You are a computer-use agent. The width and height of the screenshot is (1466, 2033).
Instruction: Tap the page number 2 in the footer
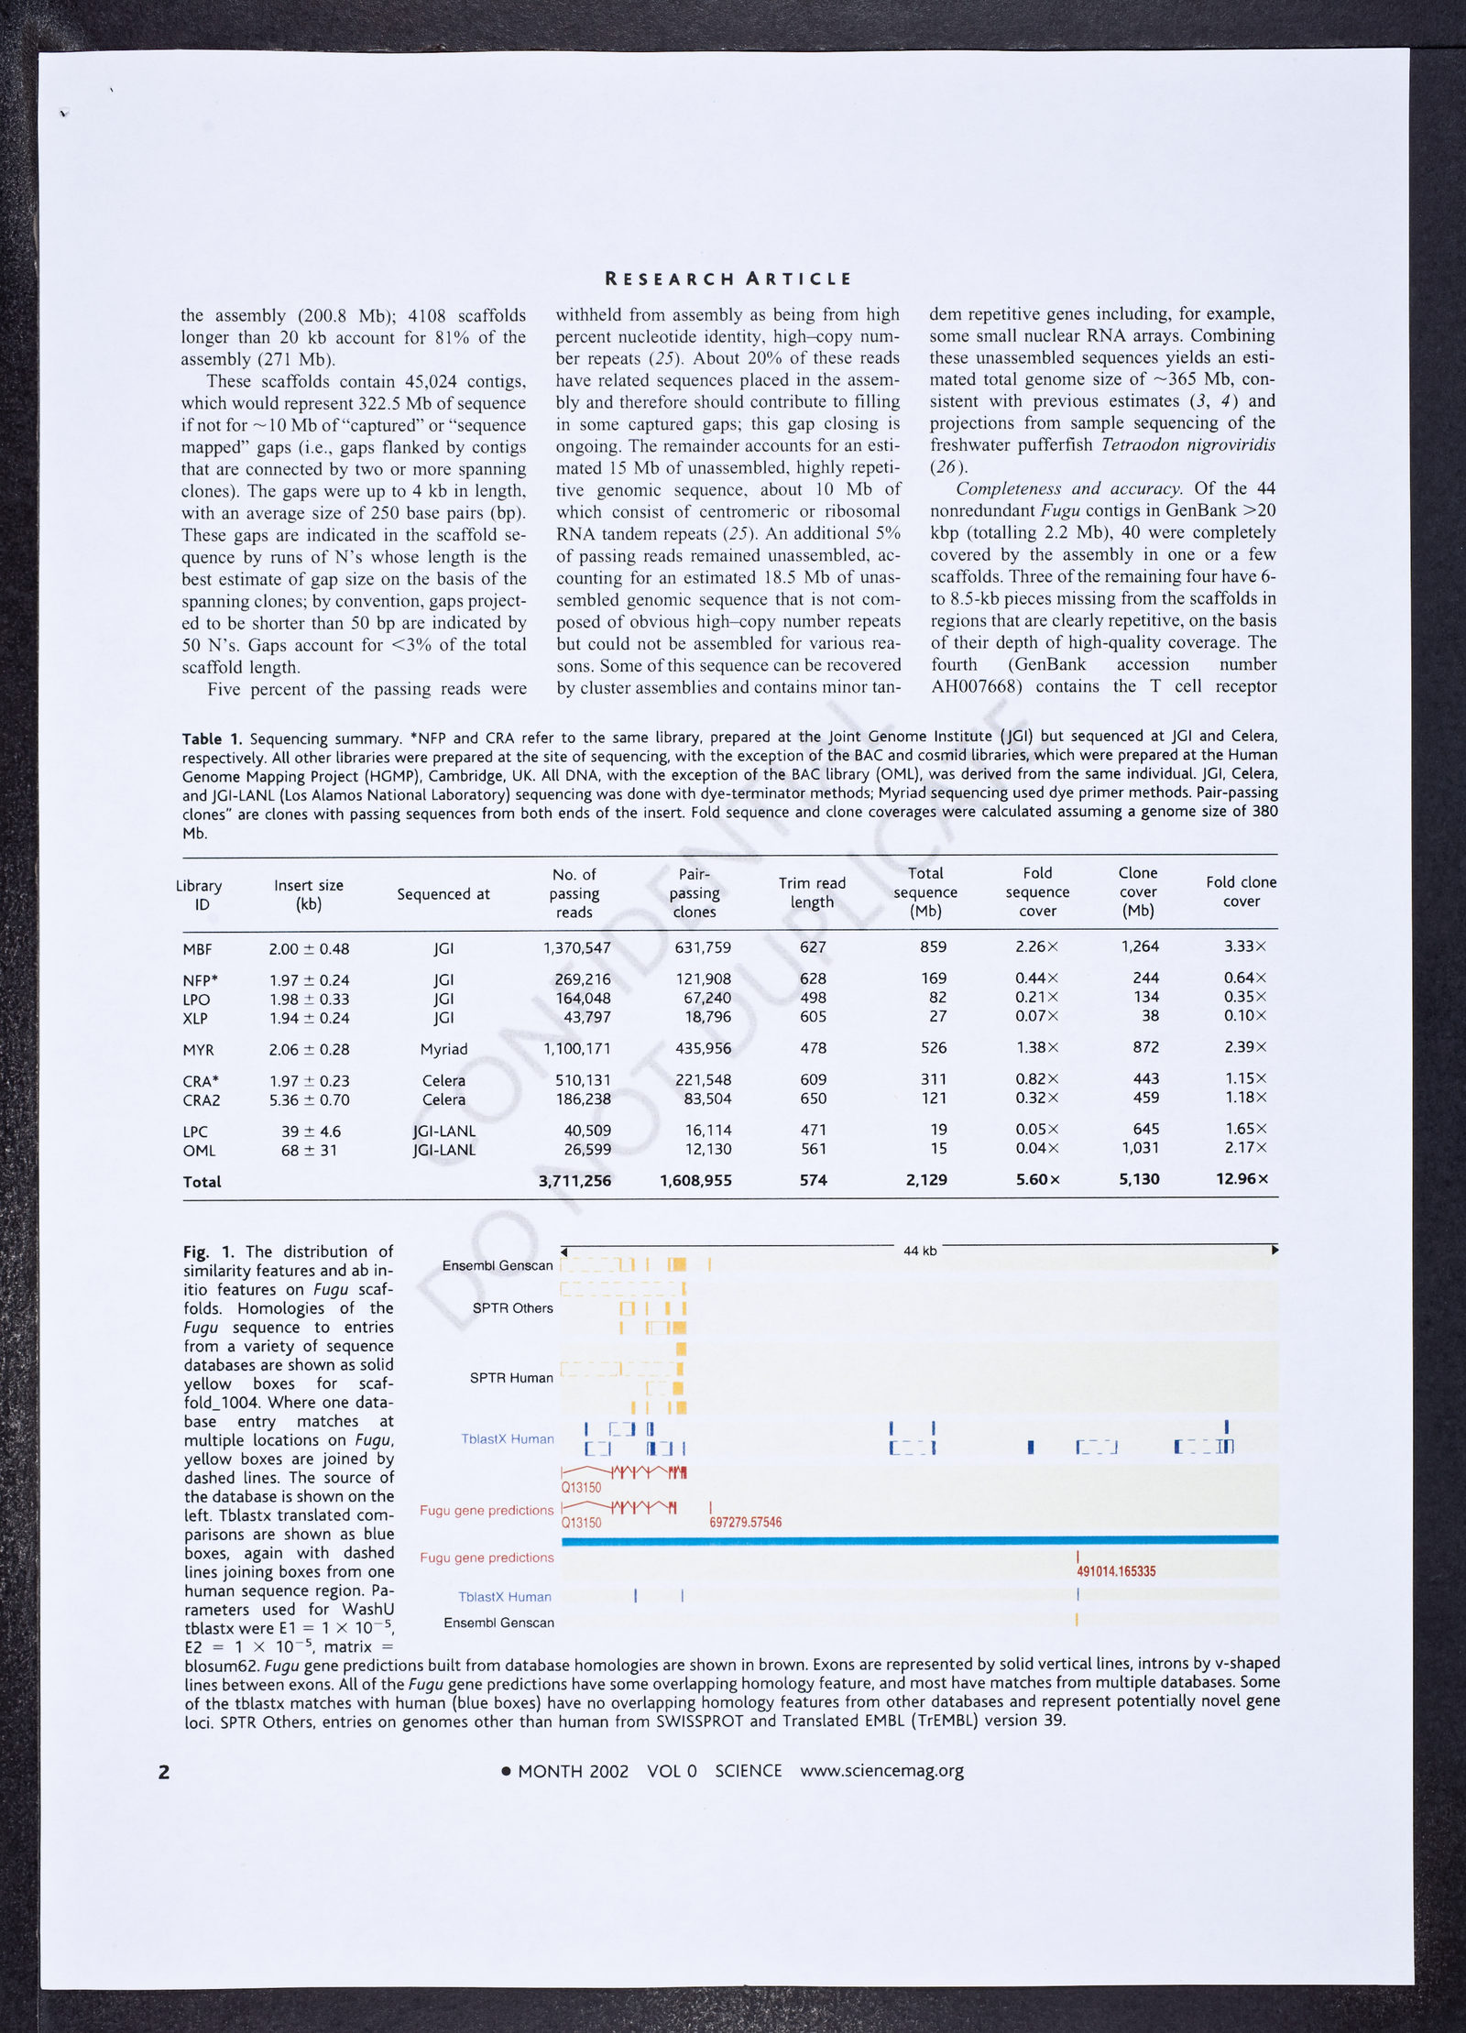(x=164, y=1772)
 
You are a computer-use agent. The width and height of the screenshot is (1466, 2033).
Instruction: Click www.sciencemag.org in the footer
(x=881, y=1771)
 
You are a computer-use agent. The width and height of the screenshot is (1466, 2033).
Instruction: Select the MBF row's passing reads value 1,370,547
(x=576, y=948)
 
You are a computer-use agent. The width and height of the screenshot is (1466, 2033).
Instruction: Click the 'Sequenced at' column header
(x=443, y=894)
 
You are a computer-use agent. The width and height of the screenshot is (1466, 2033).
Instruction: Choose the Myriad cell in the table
(x=443, y=1049)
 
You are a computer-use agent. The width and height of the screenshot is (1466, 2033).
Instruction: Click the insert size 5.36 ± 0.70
(x=309, y=1099)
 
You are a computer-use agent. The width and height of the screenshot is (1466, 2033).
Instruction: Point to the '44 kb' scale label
(x=919, y=1251)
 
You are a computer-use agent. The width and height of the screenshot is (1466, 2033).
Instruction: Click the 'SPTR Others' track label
(x=512, y=1308)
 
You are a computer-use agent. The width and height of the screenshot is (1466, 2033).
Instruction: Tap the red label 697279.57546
(x=745, y=1523)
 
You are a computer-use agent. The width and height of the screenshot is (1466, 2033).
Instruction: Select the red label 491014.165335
(x=1115, y=1571)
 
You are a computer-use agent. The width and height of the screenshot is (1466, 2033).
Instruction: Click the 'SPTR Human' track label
(x=511, y=1378)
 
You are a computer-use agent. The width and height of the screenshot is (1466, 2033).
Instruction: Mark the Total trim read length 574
(x=813, y=1180)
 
